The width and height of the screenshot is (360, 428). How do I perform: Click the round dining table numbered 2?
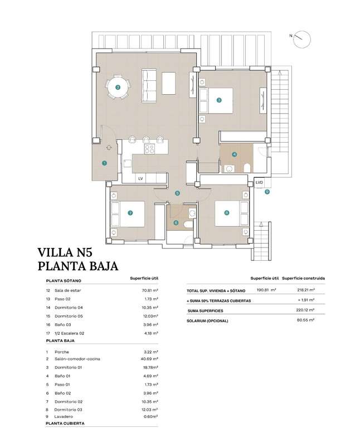[x=118, y=87]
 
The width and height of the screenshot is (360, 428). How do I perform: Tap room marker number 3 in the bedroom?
[x=219, y=100]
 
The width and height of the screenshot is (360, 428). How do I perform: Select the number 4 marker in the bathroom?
[x=234, y=154]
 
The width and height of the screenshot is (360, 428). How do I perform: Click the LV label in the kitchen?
[x=140, y=179]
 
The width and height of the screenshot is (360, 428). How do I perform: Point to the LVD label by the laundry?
[x=259, y=182]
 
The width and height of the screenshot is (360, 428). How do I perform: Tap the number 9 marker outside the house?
[x=267, y=192]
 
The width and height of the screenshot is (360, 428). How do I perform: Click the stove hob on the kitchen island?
[x=150, y=148]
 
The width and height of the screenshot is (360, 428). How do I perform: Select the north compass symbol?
[x=302, y=40]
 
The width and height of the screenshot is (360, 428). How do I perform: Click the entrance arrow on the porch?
[x=109, y=148]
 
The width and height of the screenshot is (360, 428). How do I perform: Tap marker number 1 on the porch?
[x=104, y=163]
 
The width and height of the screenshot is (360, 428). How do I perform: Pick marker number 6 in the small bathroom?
[x=176, y=223]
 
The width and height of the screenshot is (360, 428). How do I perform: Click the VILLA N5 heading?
[x=65, y=252]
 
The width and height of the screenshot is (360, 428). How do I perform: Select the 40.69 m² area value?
[x=149, y=359]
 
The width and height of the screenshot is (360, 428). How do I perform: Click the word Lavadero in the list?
[x=64, y=417]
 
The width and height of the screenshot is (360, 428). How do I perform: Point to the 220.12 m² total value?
[x=305, y=310]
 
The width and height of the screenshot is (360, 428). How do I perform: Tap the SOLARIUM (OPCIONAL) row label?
[x=207, y=321]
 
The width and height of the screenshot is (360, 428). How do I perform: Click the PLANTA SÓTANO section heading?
[x=64, y=281]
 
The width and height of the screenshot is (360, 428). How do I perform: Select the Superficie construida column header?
[x=304, y=279]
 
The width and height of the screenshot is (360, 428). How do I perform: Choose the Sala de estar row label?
[x=67, y=290]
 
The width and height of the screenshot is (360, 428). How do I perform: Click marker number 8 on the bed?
[x=227, y=213]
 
